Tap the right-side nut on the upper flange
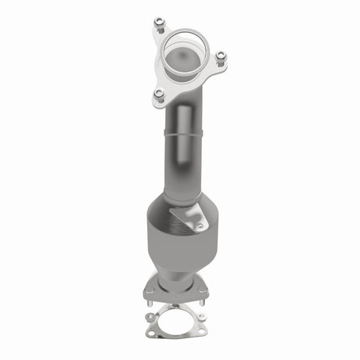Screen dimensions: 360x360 pos(221,56)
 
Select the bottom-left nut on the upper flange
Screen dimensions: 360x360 pos(160,94)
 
